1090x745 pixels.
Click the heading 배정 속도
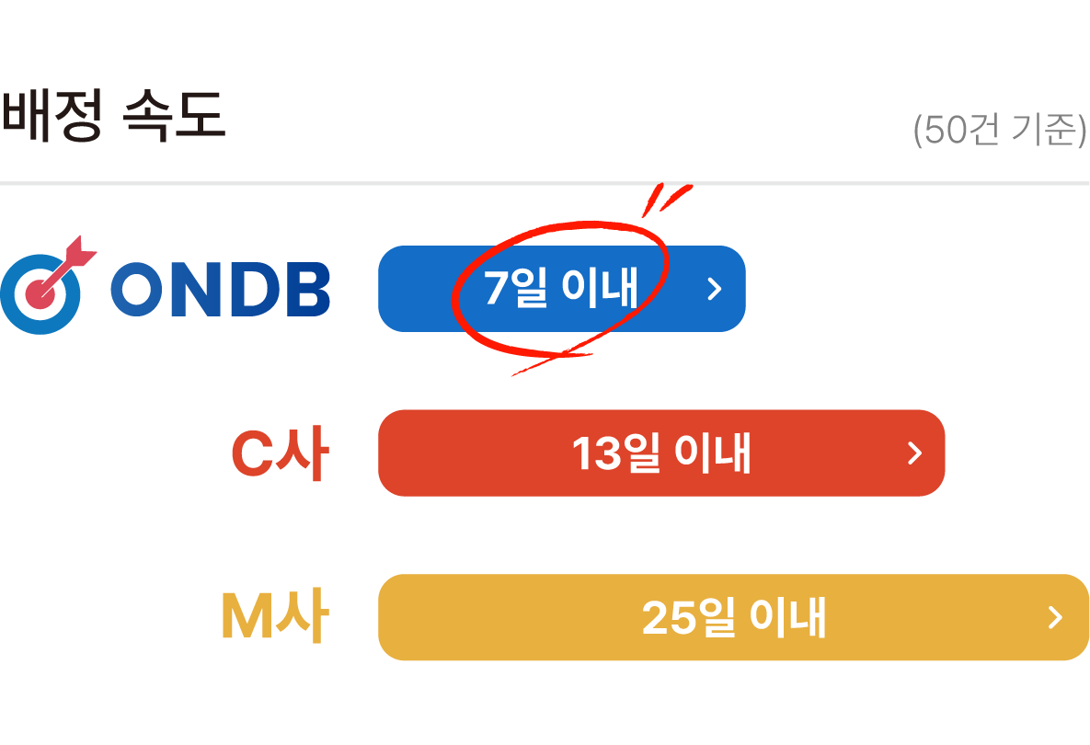[112, 118]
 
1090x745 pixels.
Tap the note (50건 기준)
[1000, 131]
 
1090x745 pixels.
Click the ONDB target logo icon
[41, 291]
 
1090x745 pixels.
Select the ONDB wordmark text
[220, 291]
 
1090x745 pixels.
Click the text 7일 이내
[560, 289]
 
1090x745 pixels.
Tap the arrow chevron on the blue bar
[715, 289]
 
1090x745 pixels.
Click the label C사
[279, 454]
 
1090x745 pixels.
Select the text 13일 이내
[661, 453]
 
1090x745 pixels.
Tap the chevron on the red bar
[914, 453]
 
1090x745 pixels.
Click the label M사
[274, 618]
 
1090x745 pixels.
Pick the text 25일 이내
[734, 618]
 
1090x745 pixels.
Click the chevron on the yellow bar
[1055, 617]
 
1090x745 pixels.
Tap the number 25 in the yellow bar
[667, 619]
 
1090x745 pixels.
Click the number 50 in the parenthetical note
[942, 132]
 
